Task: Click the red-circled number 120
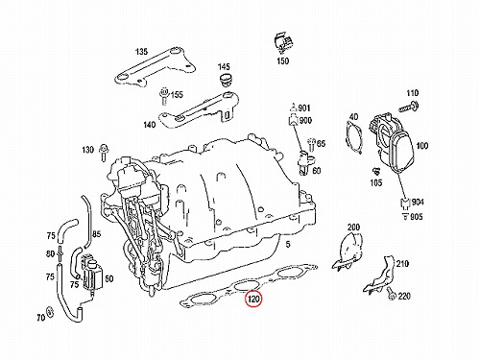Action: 253,300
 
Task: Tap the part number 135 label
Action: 141,52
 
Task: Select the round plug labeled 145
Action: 226,80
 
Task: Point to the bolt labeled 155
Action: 164,95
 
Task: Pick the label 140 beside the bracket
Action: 150,125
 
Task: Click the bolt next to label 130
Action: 104,152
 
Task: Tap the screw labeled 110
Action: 409,108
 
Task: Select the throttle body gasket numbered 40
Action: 354,137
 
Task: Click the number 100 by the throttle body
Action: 422,146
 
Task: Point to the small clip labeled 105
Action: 376,172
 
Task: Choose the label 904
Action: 418,202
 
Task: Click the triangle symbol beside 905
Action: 405,216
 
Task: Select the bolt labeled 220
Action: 391,294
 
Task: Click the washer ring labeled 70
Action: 50,311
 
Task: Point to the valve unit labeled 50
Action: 92,274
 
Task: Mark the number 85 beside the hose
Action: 96,234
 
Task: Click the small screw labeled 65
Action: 311,145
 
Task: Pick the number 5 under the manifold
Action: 288,245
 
